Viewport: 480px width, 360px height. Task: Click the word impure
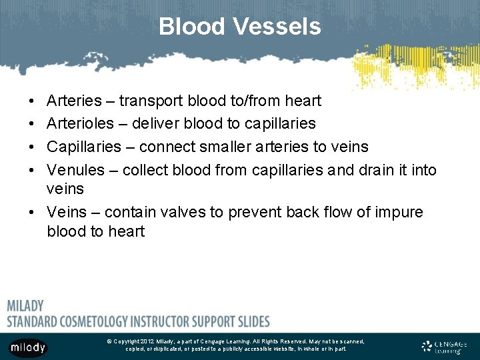click(x=397, y=212)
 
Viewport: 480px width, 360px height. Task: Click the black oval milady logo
click(x=28, y=347)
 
